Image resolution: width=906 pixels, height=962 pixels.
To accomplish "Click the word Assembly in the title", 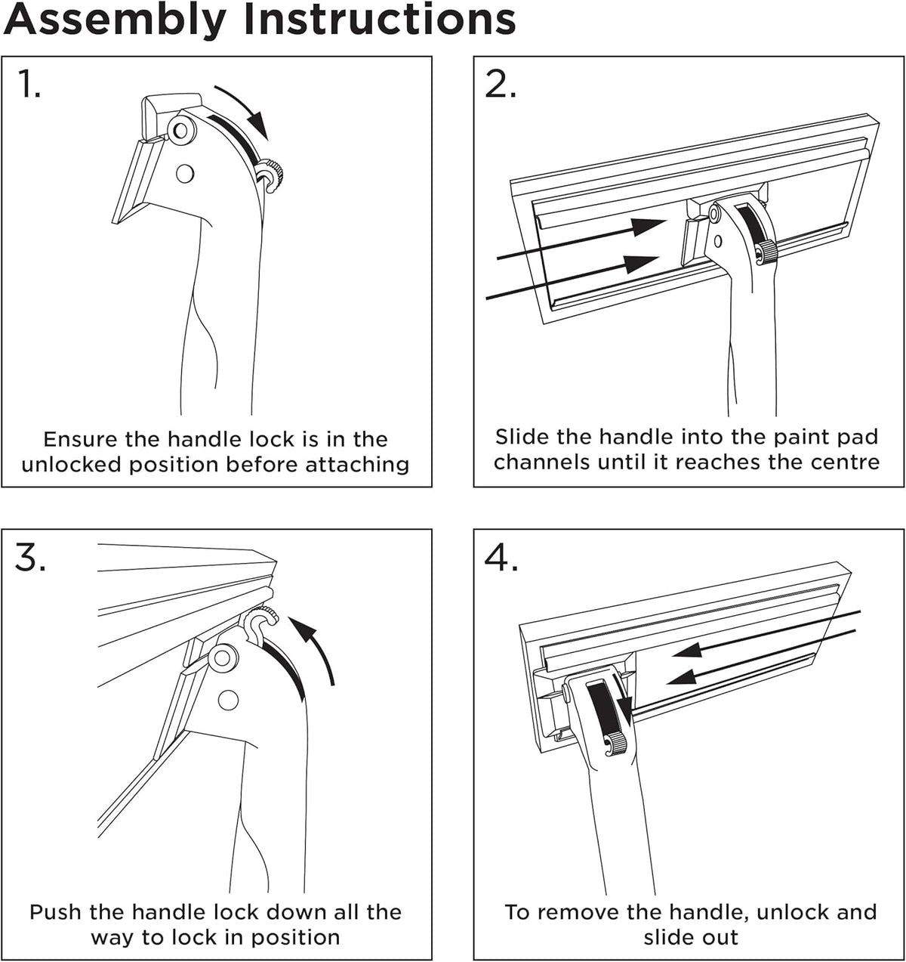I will point(115,20).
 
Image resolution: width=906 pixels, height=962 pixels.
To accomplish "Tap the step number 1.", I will point(29,85).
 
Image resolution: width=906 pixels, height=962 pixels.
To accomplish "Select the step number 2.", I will point(501,85).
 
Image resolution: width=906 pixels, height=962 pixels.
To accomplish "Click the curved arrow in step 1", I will point(244,111).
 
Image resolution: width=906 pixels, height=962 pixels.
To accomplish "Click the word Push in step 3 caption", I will point(55,912).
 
